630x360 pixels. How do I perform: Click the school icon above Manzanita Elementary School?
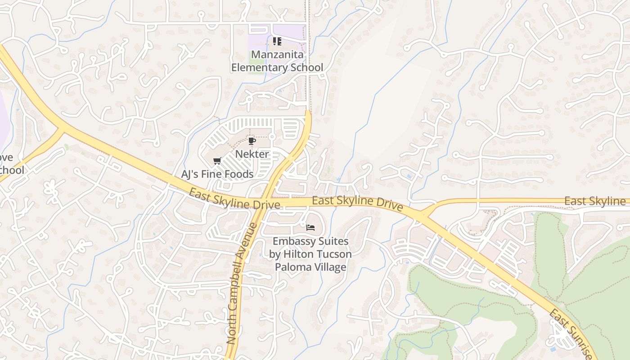[x=277, y=41]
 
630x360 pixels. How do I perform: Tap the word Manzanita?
[x=277, y=55]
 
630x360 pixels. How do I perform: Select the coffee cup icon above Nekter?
[x=252, y=141]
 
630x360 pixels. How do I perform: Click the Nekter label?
[x=252, y=154]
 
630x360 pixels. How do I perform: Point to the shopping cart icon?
[x=217, y=161]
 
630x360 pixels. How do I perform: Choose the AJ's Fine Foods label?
[x=217, y=174]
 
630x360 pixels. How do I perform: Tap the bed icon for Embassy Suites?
[x=310, y=228]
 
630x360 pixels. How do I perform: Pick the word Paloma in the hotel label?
[x=292, y=267]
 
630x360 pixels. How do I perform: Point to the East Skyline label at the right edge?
[x=595, y=201]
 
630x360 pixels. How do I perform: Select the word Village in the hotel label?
[x=330, y=267]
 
